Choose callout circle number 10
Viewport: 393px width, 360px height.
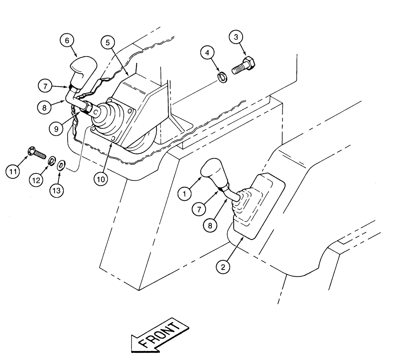[101, 178]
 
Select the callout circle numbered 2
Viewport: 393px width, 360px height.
[223, 267]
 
